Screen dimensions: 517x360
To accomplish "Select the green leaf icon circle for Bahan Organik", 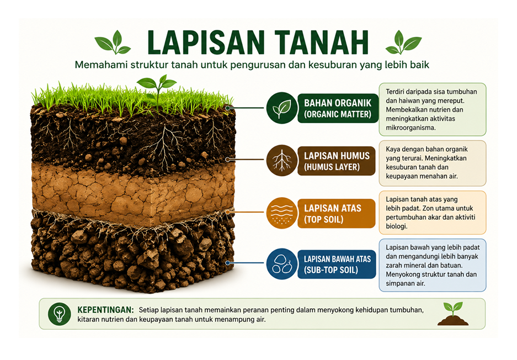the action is point(282,108).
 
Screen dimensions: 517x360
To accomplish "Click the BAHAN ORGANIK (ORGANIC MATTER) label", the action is point(338,108).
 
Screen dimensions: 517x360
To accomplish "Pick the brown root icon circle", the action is point(282,160).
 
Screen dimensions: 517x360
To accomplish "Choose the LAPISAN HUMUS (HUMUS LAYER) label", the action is point(337,161).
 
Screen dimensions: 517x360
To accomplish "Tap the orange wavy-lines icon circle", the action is point(282,213).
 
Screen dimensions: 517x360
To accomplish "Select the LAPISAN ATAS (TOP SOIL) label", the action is point(337,214).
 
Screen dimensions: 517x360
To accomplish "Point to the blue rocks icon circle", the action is point(282,264).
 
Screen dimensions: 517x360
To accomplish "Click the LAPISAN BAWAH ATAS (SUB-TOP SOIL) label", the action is point(337,264).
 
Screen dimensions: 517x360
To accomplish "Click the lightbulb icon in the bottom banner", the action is point(60,314).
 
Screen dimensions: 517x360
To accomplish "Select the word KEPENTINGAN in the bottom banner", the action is point(105,310).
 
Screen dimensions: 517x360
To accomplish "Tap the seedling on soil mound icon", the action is point(453,314).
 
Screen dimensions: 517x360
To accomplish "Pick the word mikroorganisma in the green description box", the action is point(411,128).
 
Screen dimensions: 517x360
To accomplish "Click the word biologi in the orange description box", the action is point(397,226).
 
